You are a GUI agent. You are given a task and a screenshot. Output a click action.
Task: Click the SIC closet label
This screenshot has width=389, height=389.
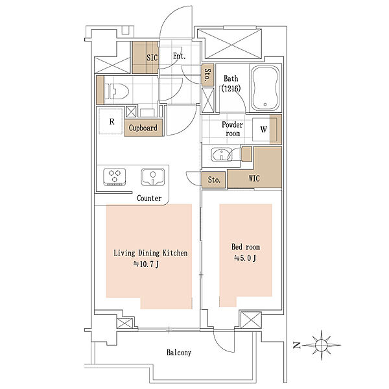(x=152, y=58)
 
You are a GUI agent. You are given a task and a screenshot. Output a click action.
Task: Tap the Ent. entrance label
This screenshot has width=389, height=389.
(x=179, y=56)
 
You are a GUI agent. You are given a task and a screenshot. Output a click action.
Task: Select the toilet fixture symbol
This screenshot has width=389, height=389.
(x=117, y=91)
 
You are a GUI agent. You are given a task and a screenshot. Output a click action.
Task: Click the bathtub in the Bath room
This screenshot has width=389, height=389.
(x=265, y=88)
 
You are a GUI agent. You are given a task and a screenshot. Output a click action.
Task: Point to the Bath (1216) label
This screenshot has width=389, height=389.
(x=231, y=84)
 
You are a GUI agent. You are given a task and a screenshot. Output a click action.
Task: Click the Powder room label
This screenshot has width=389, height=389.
(x=233, y=129)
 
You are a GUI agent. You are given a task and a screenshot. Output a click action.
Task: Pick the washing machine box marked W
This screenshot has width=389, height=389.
(x=264, y=129)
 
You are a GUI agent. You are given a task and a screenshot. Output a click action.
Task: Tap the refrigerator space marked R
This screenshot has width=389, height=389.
(x=111, y=121)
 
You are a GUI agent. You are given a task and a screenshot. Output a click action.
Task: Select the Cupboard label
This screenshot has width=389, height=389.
(x=143, y=128)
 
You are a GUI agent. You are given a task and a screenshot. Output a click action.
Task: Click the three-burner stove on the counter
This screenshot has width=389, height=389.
(x=114, y=176)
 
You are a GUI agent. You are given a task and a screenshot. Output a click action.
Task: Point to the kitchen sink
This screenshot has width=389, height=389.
(x=153, y=177)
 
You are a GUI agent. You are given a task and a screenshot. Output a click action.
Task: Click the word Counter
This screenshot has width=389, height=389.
(x=149, y=198)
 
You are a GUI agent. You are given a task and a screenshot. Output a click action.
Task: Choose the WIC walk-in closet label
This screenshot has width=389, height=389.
(x=254, y=178)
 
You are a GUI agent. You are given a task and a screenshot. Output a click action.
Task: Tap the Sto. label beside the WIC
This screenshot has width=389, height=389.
(x=214, y=180)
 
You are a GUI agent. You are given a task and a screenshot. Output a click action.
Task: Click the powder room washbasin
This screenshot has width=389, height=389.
(x=222, y=155)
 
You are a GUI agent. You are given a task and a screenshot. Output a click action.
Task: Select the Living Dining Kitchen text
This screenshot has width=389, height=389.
(x=150, y=253)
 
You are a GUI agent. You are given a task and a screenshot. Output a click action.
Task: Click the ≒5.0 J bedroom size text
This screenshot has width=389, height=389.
(x=245, y=258)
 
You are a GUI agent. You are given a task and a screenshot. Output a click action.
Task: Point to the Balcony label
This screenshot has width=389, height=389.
(x=179, y=352)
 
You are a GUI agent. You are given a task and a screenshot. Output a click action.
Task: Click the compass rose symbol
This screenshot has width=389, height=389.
(x=322, y=345)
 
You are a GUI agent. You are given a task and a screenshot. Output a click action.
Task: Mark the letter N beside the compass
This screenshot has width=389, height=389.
(x=297, y=345)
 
